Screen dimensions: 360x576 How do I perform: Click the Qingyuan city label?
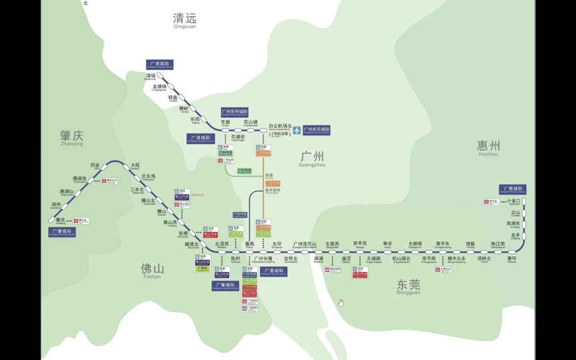[x=185, y=19]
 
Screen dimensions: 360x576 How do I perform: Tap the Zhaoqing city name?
[x=71, y=137]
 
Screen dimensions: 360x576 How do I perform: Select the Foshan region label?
[x=151, y=269]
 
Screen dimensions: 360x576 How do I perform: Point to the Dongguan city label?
[x=408, y=285]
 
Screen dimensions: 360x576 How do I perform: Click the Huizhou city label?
[x=488, y=147]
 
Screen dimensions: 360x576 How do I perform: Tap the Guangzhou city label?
[x=311, y=158]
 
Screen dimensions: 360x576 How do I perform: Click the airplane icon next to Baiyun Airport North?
[x=297, y=130]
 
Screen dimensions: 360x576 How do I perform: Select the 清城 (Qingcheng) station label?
[x=150, y=76]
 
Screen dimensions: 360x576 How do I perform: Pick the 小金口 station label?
[x=513, y=201]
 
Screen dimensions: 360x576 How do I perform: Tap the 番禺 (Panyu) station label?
[x=249, y=245]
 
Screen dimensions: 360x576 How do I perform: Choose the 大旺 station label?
[x=135, y=165]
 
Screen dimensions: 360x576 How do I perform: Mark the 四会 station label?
[x=95, y=165]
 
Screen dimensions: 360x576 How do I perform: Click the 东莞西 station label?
[x=332, y=245]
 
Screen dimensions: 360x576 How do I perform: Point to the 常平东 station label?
[x=443, y=245]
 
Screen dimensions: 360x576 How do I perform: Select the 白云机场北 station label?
[x=280, y=125]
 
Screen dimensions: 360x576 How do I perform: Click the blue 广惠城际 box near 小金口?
[x=512, y=189]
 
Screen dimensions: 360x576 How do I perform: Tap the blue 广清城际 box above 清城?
[x=159, y=65]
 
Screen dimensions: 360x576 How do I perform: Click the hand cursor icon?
[x=341, y=303]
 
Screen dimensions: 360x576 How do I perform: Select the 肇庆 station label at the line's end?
[x=61, y=220]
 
